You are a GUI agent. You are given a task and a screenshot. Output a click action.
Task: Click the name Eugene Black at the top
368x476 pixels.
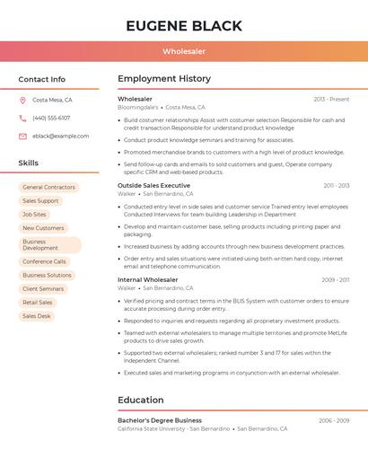[x=184, y=25]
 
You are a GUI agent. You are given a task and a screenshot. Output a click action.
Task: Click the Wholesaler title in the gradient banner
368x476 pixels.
[x=184, y=52]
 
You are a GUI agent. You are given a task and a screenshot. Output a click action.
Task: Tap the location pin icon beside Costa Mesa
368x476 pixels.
[x=22, y=100]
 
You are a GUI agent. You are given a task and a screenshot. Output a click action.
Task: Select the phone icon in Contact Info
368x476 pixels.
[x=22, y=118]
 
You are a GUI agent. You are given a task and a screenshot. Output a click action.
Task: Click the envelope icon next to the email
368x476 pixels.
[x=22, y=137]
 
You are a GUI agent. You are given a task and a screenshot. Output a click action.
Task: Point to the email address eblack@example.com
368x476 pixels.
[x=61, y=137]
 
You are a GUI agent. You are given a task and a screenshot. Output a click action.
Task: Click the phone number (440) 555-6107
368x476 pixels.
[x=51, y=118]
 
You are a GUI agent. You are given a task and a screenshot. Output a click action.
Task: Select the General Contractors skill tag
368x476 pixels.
[x=48, y=188]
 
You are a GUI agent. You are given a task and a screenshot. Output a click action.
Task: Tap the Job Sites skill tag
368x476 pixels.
[x=34, y=215]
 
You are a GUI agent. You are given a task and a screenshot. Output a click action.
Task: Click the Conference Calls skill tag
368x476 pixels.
[x=44, y=261]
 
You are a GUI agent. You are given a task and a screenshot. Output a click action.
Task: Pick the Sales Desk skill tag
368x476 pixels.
[x=37, y=316]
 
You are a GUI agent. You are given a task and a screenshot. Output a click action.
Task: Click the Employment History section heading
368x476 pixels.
[x=164, y=79]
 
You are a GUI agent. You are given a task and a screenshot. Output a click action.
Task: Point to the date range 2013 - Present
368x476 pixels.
[x=331, y=99]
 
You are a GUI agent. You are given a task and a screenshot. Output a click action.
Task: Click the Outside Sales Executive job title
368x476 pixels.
[x=153, y=185]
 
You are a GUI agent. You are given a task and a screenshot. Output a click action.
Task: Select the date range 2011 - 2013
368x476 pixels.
[x=337, y=185]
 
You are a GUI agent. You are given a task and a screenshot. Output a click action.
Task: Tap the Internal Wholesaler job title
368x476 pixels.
[x=148, y=279]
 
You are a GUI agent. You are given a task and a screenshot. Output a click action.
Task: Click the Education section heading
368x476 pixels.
[x=141, y=400]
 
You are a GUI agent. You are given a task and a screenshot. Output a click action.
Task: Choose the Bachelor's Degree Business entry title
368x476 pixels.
[x=160, y=420]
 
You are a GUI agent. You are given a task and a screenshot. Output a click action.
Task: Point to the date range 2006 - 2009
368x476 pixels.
[x=334, y=420]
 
